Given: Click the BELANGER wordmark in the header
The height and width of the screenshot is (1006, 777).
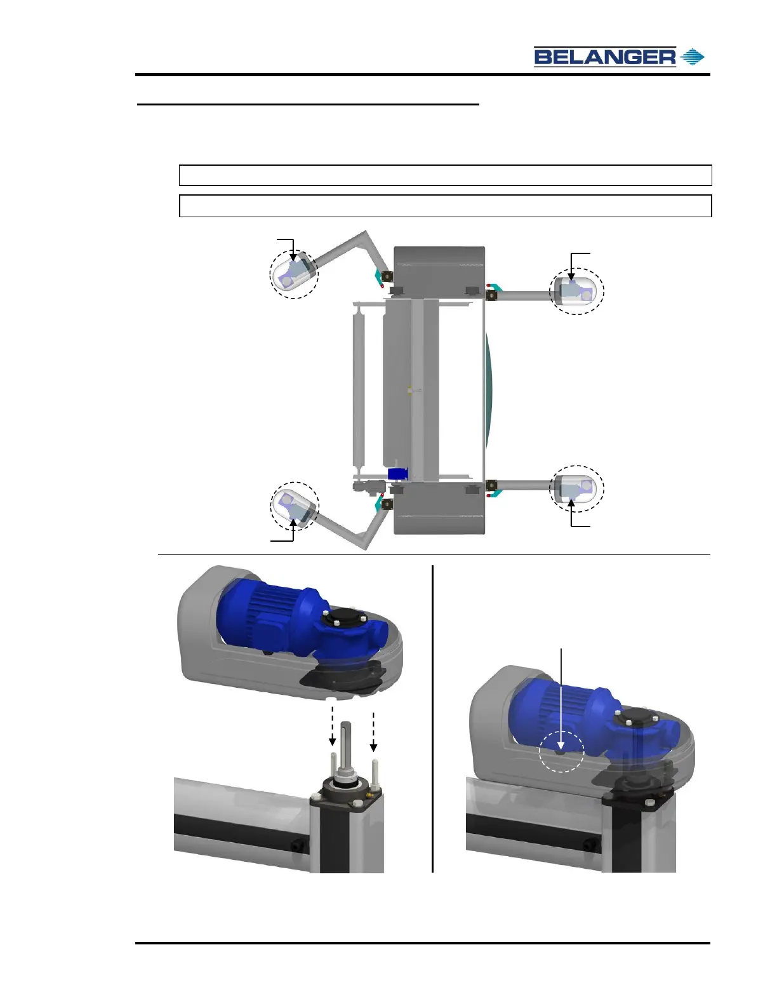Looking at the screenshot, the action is (x=604, y=57).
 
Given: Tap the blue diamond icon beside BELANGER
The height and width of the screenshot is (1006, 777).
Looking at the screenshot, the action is (x=693, y=57).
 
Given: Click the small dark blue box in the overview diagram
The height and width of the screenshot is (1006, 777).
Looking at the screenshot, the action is (x=397, y=474).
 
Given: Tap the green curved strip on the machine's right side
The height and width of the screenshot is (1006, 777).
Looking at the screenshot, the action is (x=489, y=391).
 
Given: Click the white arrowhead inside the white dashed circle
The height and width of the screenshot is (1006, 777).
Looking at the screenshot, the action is (x=561, y=745).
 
